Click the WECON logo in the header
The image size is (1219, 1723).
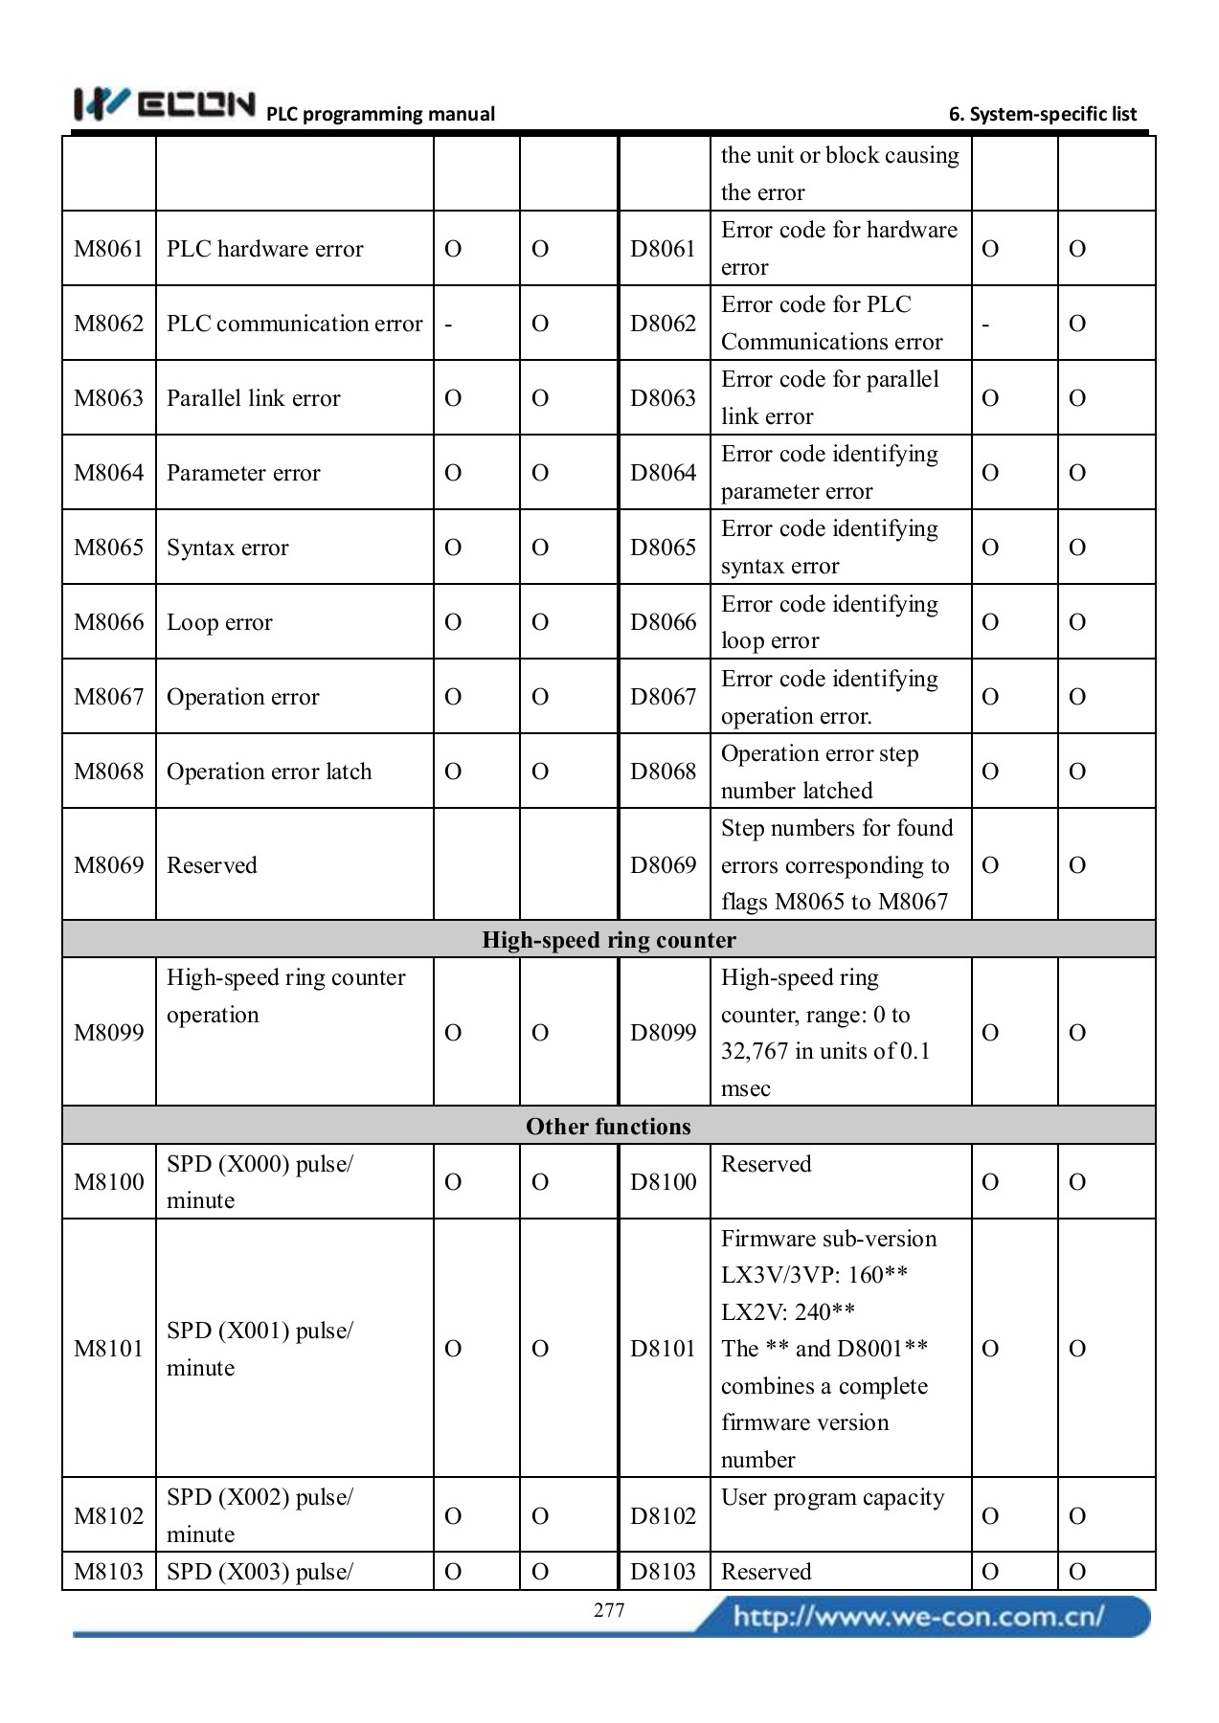point(164,104)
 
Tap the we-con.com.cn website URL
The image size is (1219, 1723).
point(918,1617)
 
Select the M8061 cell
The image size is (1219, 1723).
point(108,249)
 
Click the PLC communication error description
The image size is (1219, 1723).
point(294,324)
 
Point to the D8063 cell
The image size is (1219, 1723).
point(663,398)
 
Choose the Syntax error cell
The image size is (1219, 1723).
point(228,548)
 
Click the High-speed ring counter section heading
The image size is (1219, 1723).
point(609,939)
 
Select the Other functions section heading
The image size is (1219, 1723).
point(609,1126)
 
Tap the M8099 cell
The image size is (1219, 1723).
point(108,1032)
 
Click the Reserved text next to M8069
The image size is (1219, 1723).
point(212,865)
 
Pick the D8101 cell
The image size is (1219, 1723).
point(663,1348)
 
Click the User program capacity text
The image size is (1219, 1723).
point(832,1497)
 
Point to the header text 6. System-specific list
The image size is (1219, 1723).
point(1042,114)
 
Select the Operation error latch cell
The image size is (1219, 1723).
point(269,772)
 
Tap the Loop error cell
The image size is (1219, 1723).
point(219,622)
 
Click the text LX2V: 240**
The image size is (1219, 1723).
point(787,1311)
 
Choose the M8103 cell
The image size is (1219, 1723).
point(108,1571)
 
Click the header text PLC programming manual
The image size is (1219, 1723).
point(380,114)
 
